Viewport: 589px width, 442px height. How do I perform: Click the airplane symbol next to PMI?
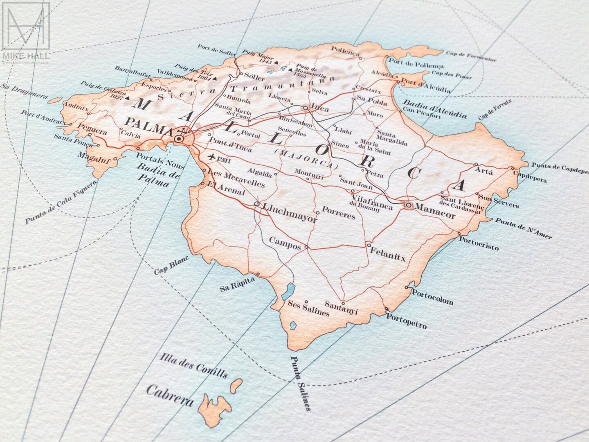pos(212,157)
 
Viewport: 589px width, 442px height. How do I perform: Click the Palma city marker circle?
pos(179,139)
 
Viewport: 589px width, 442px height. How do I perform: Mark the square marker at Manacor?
pos(408,205)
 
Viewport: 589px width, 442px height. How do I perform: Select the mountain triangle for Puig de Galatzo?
pos(127,98)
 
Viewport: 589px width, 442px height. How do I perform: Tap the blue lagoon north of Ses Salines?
pos(290,290)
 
